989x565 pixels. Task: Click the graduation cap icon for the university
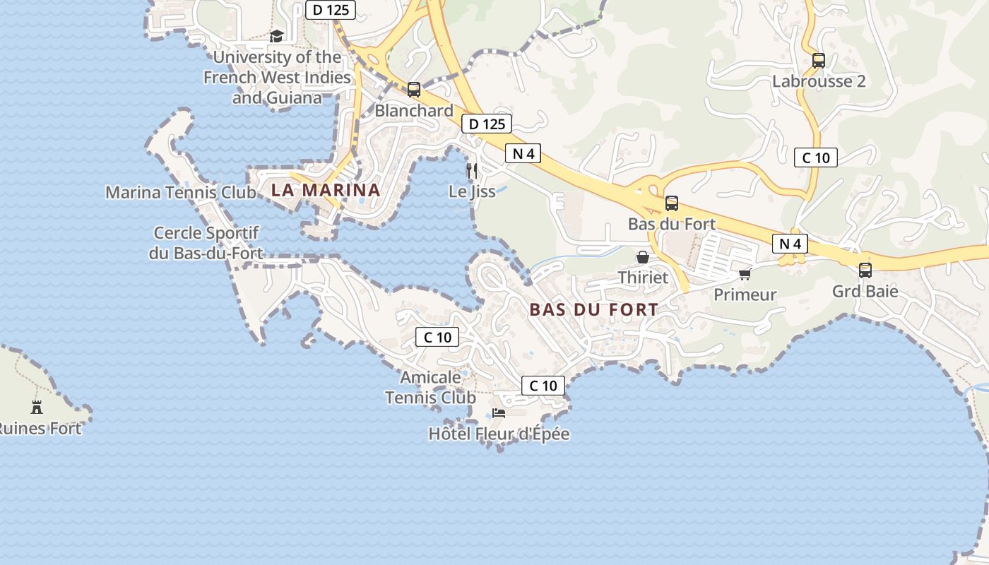(276, 36)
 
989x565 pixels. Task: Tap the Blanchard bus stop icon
(414, 90)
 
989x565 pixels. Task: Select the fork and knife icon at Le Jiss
(472, 170)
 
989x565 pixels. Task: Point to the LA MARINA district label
(326, 190)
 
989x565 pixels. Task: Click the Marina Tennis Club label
(181, 192)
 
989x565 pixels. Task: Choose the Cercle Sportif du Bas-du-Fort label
(206, 243)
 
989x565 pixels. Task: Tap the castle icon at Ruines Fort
(37, 407)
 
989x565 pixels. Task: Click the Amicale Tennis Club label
(430, 387)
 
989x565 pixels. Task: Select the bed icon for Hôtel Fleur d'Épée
(499, 413)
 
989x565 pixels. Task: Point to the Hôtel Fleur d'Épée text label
(499, 434)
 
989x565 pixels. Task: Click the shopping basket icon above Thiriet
(643, 257)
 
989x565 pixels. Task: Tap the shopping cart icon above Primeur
(745, 274)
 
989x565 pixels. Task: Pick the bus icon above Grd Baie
(865, 270)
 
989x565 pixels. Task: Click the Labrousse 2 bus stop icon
(819, 61)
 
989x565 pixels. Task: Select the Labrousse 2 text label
(819, 81)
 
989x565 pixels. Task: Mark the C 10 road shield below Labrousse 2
(816, 157)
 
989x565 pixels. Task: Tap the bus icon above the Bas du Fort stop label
(672, 203)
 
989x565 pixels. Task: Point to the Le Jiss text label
(472, 191)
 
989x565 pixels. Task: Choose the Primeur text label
(745, 295)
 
